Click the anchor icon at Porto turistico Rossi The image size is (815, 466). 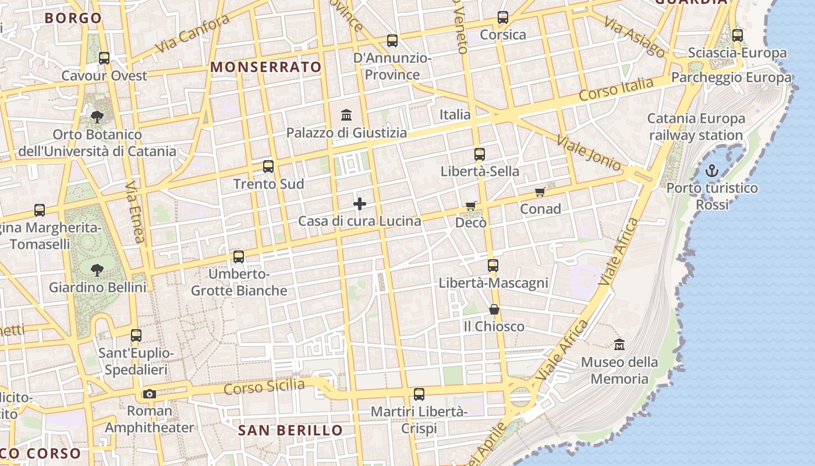tap(712, 171)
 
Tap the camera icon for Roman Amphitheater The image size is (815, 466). tap(150, 394)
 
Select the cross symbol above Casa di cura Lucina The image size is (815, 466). tap(360, 203)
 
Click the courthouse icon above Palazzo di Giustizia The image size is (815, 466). tap(347, 115)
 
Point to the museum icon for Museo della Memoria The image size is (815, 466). tap(619, 344)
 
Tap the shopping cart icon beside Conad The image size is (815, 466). tap(540, 192)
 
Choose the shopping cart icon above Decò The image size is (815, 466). tap(471, 206)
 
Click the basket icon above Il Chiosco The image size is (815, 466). tap(494, 309)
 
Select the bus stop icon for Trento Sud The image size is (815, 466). tap(268, 167)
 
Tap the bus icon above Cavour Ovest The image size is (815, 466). tap(104, 58)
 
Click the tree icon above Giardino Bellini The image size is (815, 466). tap(97, 270)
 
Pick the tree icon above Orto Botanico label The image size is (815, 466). tap(97, 117)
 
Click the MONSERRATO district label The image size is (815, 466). tap(266, 67)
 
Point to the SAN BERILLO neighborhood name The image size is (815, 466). tap(290, 430)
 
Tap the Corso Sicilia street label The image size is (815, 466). tap(264, 387)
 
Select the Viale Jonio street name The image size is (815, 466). tap(589, 153)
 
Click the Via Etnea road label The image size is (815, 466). tap(134, 211)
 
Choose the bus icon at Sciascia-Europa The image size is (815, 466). tap(738, 36)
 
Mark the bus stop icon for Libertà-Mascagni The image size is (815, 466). tap(493, 266)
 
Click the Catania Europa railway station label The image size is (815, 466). tap(696, 127)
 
